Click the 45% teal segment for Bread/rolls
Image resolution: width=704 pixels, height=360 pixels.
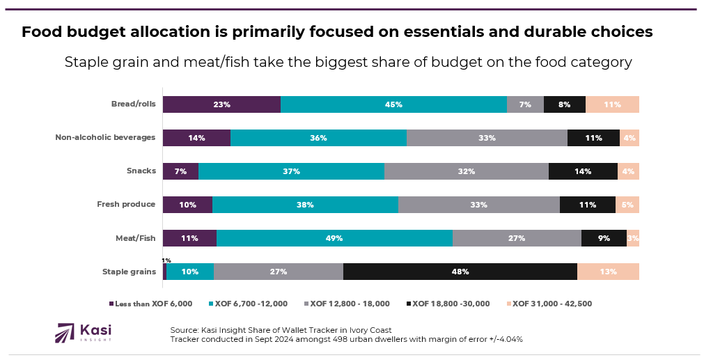tap(393, 104)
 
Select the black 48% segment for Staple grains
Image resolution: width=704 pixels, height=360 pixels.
tap(460, 272)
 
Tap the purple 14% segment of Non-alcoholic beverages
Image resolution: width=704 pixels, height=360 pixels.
tap(196, 138)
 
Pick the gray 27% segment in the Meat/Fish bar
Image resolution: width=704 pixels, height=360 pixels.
tap(517, 238)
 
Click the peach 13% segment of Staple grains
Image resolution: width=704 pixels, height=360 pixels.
tap(608, 272)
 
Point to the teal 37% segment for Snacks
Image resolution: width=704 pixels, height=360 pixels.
tap(291, 171)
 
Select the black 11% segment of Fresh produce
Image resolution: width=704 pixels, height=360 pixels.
tap(587, 205)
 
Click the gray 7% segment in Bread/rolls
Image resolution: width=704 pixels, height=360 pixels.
tap(525, 104)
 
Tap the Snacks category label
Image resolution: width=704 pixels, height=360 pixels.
tap(141, 171)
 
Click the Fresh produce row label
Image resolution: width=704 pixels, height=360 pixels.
tap(126, 205)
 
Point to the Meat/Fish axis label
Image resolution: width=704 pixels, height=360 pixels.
tap(135, 238)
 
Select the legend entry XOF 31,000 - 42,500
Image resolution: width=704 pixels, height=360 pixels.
tap(552, 304)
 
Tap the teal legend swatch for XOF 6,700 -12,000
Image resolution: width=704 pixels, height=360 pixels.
tap(210, 304)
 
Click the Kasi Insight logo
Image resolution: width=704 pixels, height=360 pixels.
tap(83, 332)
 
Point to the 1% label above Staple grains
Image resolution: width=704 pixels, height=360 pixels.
tap(166, 260)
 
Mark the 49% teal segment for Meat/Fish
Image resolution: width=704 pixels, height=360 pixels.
tap(334, 238)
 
